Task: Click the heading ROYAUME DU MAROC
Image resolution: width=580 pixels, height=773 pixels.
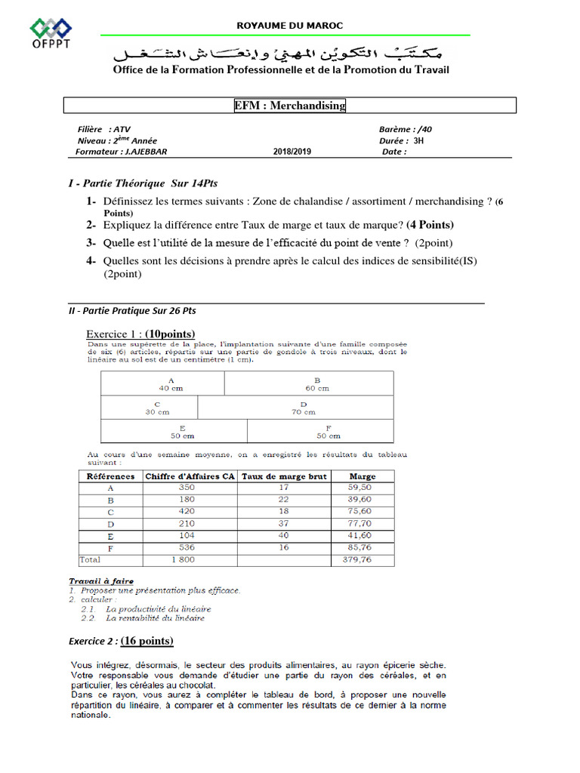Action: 290,26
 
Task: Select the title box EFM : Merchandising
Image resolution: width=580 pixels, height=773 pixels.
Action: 290,106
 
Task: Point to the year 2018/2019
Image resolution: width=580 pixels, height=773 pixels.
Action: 292,151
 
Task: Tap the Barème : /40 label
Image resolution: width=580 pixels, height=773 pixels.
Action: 406,129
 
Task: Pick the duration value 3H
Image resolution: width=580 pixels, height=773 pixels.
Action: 419,140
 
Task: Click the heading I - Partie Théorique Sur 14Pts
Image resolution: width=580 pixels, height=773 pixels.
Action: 143,183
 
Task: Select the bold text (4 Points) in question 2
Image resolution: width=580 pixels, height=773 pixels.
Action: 430,225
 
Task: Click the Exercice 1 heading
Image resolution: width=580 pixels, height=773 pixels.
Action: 140,334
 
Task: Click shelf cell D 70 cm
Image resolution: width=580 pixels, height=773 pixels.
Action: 303,408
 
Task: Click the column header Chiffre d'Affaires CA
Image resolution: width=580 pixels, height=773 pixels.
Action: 190,476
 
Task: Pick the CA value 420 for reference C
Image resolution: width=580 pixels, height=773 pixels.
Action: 186,511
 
